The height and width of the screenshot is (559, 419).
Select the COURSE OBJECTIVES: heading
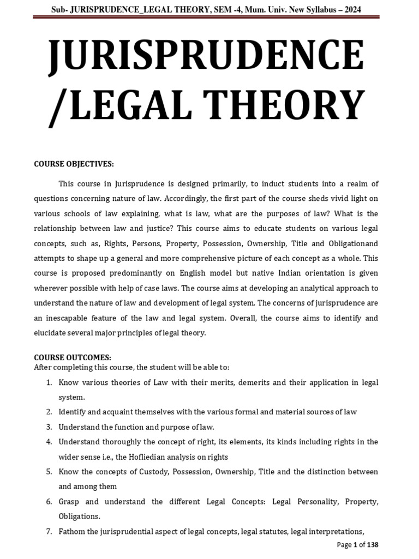pyautogui.click(x=74, y=164)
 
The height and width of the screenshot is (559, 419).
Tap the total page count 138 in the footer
pyautogui.click(x=372, y=545)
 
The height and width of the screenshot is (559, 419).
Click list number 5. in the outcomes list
pyautogui.click(x=49, y=471)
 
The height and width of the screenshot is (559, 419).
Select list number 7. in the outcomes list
pyautogui.click(x=49, y=531)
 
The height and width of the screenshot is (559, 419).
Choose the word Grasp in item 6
pyautogui.click(x=70, y=501)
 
